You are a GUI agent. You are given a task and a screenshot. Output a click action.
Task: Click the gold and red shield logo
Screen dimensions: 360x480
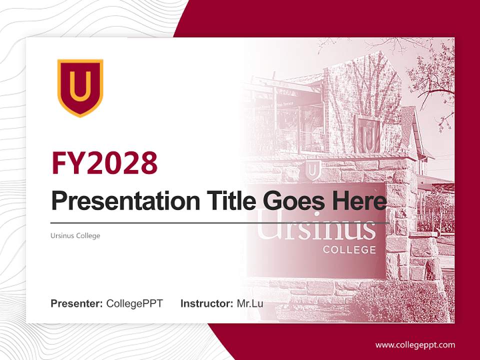click(80, 87)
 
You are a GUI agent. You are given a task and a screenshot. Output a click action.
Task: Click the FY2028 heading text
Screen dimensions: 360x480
click(104, 162)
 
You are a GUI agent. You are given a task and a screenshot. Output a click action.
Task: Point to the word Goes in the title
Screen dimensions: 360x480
click(293, 201)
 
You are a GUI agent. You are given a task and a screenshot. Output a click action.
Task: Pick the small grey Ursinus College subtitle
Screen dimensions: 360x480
click(75, 235)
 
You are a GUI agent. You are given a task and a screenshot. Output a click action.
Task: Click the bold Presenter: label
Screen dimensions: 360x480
click(77, 303)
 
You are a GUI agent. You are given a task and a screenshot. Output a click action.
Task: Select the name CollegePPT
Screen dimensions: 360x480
click(134, 303)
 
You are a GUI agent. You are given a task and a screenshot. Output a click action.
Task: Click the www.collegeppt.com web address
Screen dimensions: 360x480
click(415, 344)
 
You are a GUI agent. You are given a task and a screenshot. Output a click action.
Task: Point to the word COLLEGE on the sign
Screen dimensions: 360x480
click(349, 249)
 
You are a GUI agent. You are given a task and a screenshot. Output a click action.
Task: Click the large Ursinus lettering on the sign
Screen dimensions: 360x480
click(320, 227)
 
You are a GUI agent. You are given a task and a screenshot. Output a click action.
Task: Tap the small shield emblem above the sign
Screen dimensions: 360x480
click(313, 170)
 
